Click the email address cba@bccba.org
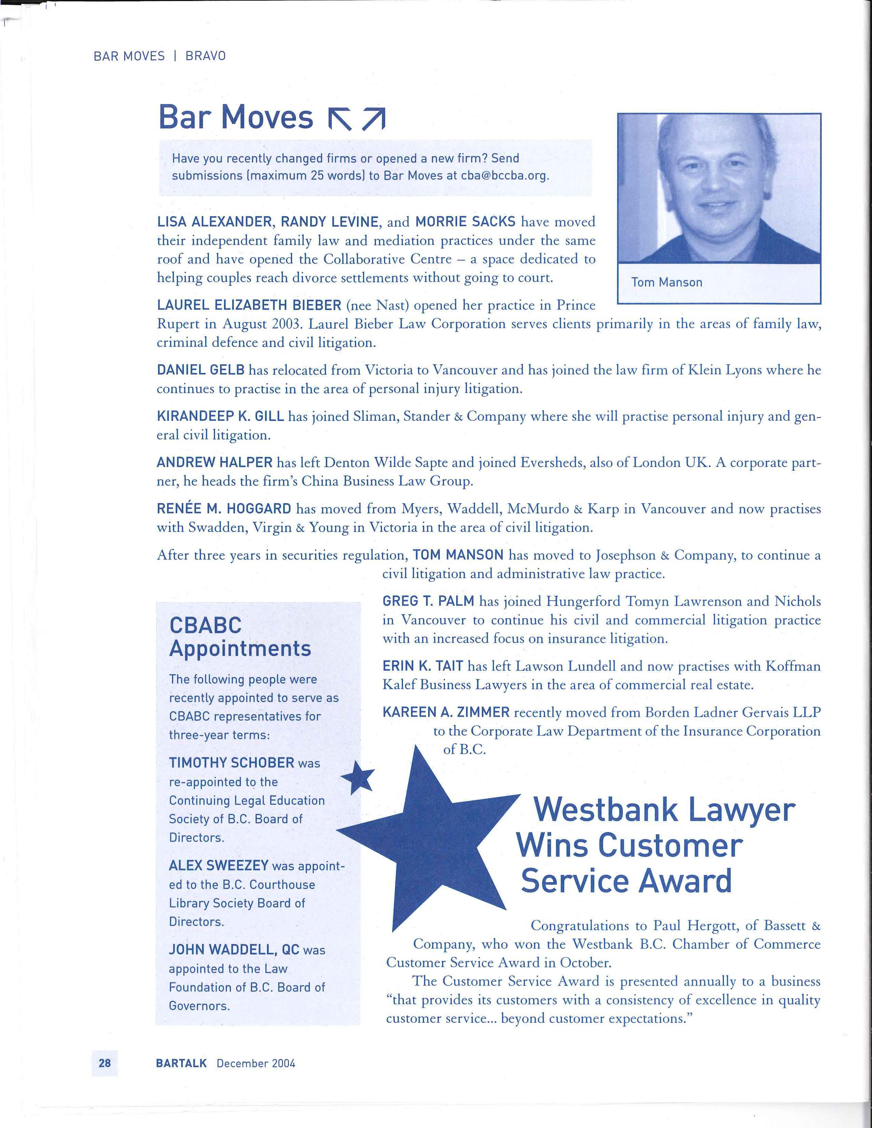[504, 176]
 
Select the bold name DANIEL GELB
[200, 370]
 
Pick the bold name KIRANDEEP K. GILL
[220, 416]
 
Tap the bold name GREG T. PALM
[428, 601]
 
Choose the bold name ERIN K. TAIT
[423, 666]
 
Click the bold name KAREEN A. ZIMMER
[446, 712]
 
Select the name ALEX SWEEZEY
[219, 865]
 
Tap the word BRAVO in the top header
[206, 56]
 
